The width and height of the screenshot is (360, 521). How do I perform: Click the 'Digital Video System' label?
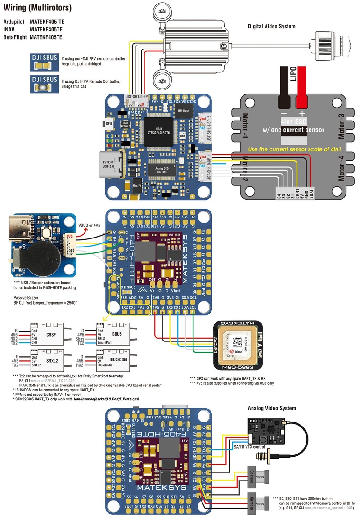pyautogui.click(x=271, y=27)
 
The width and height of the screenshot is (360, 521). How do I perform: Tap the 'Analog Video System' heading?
pyautogui.click(x=272, y=408)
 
